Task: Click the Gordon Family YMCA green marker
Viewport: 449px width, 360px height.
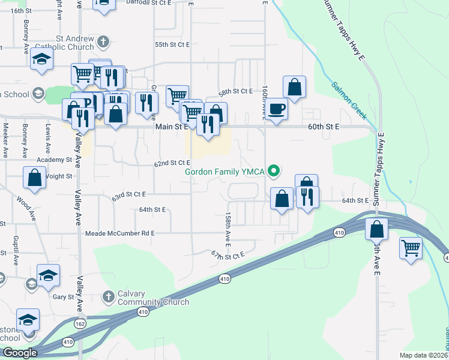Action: click(x=274, y=172)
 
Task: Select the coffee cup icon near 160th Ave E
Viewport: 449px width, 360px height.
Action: click(x=277, y=109)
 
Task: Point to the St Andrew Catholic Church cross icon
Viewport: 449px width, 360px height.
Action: click(x=103, y=42)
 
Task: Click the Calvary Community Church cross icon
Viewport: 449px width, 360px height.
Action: click(x=108, y=296)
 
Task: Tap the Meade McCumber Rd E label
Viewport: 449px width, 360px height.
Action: click(x=120, y=233)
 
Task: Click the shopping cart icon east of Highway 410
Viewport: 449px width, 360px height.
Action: click(x=411, y=247)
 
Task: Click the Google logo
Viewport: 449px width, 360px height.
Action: click(x=20, y=353)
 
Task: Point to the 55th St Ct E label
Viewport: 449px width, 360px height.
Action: click(x=172, y=44)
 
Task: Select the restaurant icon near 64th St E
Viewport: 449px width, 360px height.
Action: click(x=307, y=196)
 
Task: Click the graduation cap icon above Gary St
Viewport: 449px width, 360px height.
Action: click(x=48, y=275)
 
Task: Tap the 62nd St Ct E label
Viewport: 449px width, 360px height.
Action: click(x=172, y=163)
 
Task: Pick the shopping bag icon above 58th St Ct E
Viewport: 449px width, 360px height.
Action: click(x=294, y=86)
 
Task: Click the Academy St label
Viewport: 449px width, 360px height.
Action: click(x=53, y=160)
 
